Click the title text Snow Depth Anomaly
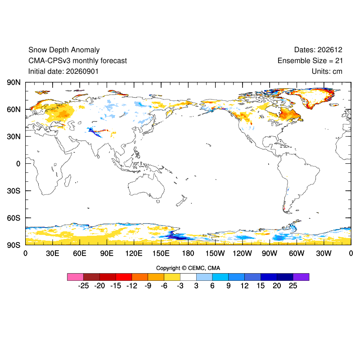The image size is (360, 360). (64, 50)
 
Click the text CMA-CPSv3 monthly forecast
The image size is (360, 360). (77, 61)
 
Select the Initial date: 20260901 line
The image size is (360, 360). (63, 72)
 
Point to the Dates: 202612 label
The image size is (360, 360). (318, 50)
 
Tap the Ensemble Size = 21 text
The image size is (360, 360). (310, 61)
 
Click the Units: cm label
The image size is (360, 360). (327, 72)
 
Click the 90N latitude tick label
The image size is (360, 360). (13, 82)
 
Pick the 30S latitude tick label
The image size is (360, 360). (13, 191)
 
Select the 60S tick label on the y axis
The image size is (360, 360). (13, 218)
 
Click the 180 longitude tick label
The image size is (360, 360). (188, 253)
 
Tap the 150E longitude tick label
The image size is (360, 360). (161, 253)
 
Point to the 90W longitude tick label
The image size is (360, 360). (270, 253)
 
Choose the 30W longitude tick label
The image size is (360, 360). (324, 253)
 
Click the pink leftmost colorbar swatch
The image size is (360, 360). (75, 277)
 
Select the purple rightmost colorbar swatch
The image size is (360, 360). (301, 277)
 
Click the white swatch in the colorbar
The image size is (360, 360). (188, 277)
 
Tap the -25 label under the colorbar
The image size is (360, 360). (83, 286)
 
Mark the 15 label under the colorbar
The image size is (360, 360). (261, 286)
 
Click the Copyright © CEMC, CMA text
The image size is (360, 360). (188, 268)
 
